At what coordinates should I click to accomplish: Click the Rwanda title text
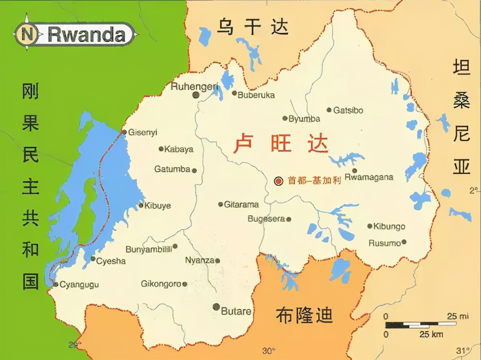click(87, 35)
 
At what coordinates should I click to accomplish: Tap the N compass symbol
click(27, 34)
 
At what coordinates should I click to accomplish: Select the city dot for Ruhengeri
click(196, 95)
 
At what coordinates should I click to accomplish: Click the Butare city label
click(236, 311)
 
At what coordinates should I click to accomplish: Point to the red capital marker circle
click(279, 181)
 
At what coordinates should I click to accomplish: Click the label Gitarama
click(241, 204)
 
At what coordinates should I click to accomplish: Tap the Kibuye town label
click(158, 206)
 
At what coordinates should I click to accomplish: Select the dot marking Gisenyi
click(124, 132)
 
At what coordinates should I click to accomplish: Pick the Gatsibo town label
click(348, 110)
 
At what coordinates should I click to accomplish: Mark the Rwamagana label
click(369, 177)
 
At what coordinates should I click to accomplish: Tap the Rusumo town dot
click(404, 242)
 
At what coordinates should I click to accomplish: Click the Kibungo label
click(389, 227)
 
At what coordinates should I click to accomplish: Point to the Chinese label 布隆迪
click(304, 315)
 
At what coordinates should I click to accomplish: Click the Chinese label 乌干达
click(253, 27)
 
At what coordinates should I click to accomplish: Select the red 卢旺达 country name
click(281, 144)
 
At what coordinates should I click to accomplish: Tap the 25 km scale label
click(431, 334)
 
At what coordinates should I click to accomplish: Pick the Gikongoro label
click(161, 284)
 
